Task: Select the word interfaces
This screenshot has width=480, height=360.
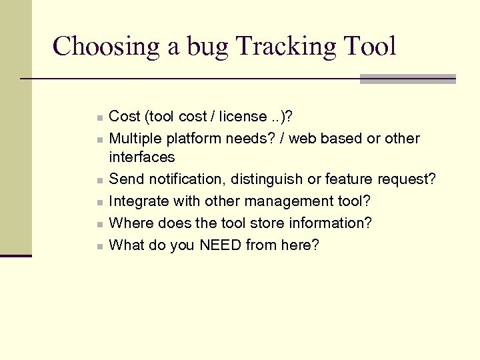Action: coord(141,157)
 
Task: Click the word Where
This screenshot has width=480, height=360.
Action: coord(129,223)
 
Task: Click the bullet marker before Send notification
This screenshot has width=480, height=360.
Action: coord(99,180)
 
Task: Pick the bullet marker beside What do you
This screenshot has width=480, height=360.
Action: coord(99,245)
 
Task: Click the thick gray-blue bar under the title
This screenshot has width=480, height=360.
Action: coord(407,79)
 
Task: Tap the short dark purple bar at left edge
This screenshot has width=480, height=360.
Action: coord(16,255)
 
